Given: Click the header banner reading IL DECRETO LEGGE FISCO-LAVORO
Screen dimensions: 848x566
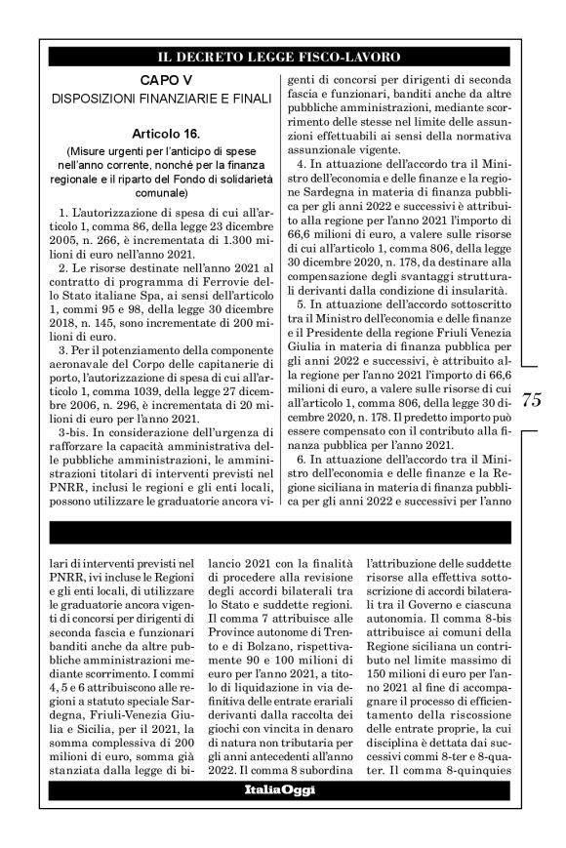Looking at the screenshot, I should tap(282, 56).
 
